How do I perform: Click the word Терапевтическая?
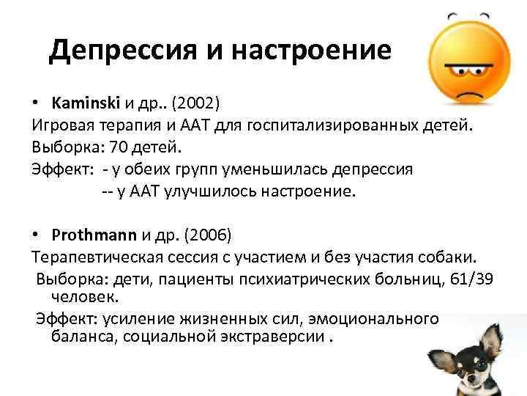93,258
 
